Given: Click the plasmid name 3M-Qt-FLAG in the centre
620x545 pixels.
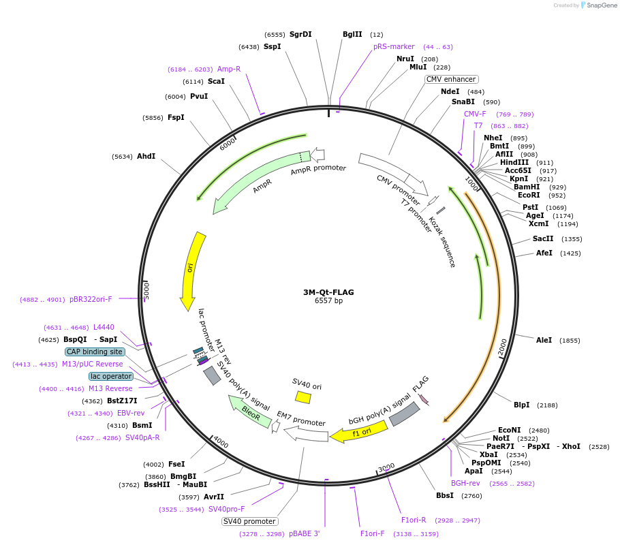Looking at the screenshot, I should tap(328, 292).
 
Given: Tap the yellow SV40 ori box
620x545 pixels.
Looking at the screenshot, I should tap(303, 396).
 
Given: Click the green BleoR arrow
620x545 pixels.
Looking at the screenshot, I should tap(250, 413).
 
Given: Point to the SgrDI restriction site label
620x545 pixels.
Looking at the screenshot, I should tap(300, 34).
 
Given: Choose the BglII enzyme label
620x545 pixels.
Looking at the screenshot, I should tap(352, 34).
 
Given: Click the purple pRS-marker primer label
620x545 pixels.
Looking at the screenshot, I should tap(394, 46).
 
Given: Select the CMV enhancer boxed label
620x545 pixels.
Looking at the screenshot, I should tap(451, 79).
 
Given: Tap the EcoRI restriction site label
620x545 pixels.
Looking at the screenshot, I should tap(528, 195).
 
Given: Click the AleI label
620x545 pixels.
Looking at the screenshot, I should tap(544, 340).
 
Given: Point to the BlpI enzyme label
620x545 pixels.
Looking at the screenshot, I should tap(521, 405).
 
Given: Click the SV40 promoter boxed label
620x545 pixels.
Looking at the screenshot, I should tap(249, 522).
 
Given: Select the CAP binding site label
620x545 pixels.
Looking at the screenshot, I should tap(95, 352).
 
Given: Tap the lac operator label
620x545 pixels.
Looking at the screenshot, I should tap(110, 376).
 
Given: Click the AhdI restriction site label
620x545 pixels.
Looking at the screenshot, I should tap(146, 156).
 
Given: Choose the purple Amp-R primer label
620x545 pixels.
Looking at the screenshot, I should tap(229, 69).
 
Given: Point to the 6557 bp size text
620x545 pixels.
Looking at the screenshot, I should tap(328, 301).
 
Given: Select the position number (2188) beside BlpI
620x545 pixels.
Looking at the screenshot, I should tap(547, 405).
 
